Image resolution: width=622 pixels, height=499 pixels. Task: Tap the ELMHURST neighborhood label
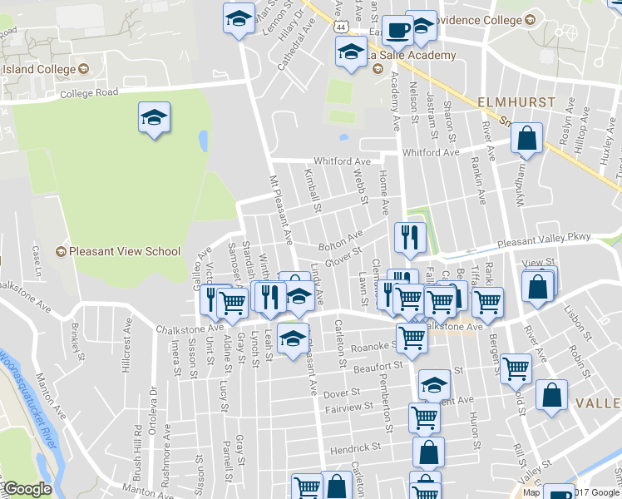click(514, 101)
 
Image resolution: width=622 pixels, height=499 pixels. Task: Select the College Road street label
click(89, 94)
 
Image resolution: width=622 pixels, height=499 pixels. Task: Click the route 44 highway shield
click(341, 27)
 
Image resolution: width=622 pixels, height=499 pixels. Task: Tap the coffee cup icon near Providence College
click(398, 28)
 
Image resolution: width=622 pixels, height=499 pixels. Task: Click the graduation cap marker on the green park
click(154, 117)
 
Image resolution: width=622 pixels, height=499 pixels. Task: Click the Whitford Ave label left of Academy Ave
click(342, 161)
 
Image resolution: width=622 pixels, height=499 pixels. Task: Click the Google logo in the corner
click(27, 490)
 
